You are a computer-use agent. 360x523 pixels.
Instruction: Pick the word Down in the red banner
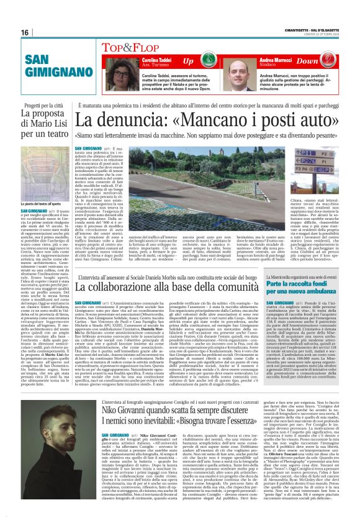point(324,61)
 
